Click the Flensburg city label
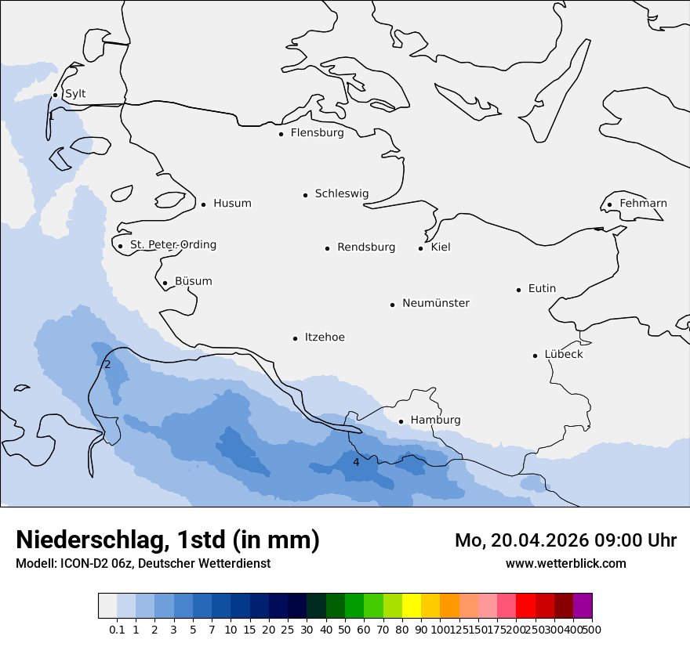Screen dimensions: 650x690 pos(317,133)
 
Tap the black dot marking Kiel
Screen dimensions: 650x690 pos(421,248)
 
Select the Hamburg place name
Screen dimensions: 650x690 pos(435,421)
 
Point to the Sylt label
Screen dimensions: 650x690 pos(75,94)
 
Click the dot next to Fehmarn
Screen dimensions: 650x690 pos(609,205)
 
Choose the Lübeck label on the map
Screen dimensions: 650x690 pos(563,355)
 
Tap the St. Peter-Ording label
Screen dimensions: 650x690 pos(172,245)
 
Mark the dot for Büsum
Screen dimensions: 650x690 pos(165,283)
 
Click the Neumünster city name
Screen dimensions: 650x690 pos(436,303)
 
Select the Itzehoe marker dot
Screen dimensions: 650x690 pos(295,339)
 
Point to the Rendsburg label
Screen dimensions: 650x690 pos(366,247)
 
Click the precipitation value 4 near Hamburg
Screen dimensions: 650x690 pos(356,463)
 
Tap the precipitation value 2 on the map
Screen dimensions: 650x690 pos(107,364)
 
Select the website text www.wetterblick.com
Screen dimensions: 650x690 pos(565,564)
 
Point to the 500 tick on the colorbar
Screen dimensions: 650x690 pos(592,630)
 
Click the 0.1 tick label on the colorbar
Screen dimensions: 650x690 pos(117,630)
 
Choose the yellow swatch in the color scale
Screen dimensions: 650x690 pos(412,606)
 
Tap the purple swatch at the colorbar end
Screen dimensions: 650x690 pos(583,606)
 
